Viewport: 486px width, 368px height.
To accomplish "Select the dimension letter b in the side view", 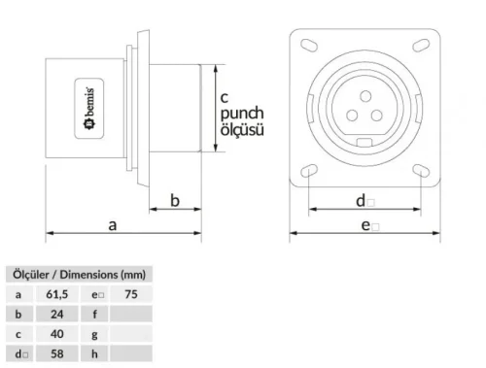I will (175, 201).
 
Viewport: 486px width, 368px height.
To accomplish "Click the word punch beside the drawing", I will (241, 113).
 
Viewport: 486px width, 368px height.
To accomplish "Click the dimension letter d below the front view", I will (361, 200).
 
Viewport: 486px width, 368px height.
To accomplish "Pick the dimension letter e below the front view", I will (368, 225).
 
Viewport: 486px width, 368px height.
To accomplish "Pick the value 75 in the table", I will (131, 293).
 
